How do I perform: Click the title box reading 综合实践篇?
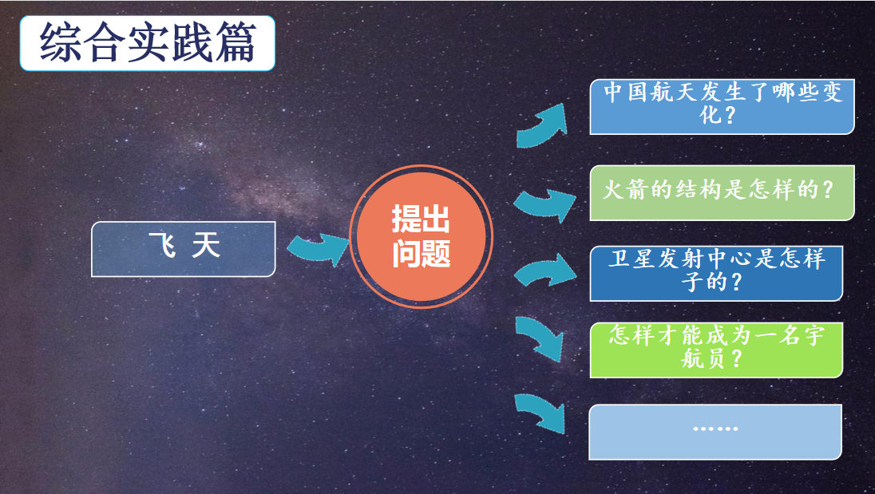[148, 43]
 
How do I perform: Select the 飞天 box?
[183, 249]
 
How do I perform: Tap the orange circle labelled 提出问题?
[422, 236]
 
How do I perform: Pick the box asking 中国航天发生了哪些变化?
[722, 106]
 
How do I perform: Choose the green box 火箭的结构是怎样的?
[722, 192]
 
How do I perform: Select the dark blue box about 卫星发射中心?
[716, 273]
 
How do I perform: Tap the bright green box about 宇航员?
[716, 350]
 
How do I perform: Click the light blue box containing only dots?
[715, 432]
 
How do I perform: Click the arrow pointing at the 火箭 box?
[544, 204]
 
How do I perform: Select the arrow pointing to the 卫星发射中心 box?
[544, 272]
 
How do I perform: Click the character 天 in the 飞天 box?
[206, 245]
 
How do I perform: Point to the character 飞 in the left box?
[162, 245]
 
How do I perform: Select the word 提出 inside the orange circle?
[421, 219]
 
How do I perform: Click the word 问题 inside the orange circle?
[422, 254]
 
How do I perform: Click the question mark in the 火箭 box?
[828, 190]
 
